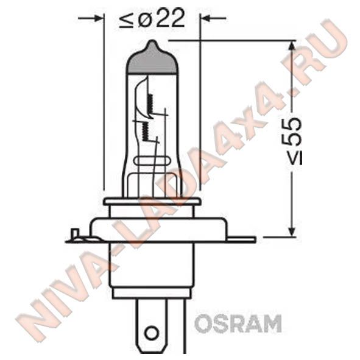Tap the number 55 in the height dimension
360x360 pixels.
(291, 132)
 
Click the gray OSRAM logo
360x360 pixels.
(238, 323)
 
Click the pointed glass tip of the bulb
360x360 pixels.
(152, 44)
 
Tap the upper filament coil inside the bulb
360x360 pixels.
(150, 104)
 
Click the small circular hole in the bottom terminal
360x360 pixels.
(152, 332)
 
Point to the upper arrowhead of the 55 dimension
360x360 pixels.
(292, 46)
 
